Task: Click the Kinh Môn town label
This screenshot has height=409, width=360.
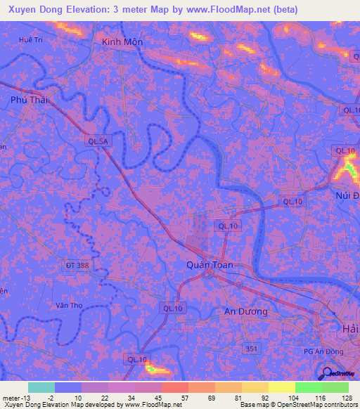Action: tap(122, 42)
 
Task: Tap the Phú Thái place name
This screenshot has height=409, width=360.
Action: tap(30, 100)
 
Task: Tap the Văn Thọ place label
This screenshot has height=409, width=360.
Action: tap(68, 306)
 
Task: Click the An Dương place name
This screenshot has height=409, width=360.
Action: tap(245, 311)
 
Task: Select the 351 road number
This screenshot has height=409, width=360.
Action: tap(253, 348)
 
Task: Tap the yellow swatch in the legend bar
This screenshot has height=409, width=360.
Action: tap(281, 387)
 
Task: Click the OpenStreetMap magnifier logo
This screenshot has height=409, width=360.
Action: tap(326, 373)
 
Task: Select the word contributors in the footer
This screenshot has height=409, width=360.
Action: tap(340, 405)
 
